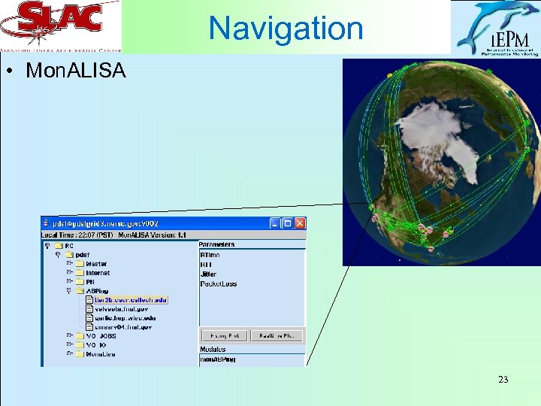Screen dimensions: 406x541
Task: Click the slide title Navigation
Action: click(286, 29)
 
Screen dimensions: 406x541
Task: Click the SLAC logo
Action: click(60, 25)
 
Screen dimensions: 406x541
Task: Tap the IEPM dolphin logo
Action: click(495, 28)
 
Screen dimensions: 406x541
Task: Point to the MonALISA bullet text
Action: click(76, 71)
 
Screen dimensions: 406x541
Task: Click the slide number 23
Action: click(503, 380)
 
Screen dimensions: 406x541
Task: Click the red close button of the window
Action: click(300, 223)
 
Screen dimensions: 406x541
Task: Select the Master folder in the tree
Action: click(96, 264)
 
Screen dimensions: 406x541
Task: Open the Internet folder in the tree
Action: click(98, 273)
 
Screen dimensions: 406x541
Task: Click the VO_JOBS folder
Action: click(101, 336)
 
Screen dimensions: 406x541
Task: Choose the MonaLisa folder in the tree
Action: click(101, 353)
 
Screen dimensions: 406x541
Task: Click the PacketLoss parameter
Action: click(219, 284)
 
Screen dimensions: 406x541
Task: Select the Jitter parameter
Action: click(208, 274)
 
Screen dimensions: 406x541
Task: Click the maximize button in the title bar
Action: click(288, 223)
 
